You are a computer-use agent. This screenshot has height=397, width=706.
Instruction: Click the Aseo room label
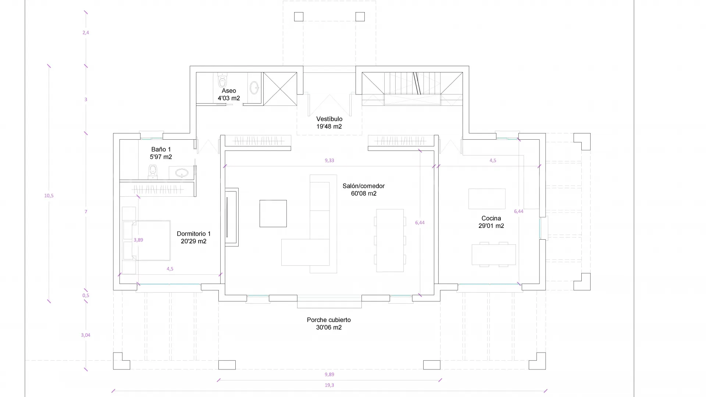pyautogui.click(x=229, y=94)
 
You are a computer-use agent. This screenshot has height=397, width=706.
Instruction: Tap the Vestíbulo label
pyautogui.click(x=329, y=123)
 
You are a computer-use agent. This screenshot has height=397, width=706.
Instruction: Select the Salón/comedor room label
pyautogui.click(x=364, y=190)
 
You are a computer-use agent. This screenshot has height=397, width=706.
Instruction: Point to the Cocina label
pyautogui.click(x=491, y=222)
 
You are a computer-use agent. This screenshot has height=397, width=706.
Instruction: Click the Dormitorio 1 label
pyautogui.click(x=194, y=237)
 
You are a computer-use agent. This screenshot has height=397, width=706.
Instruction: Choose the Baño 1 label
pyautogui.click(x=161, y=153)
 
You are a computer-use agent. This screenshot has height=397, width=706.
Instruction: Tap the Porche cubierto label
pyautogui.click(x=329, y=323)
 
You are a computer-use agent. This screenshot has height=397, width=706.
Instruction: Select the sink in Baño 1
pyautogui.click(x=182, y=173)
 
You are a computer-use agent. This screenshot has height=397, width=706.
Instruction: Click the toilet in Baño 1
pyautogui.click(x=153, y=171)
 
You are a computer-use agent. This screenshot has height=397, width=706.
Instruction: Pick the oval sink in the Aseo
pyautogui.click(x=254, y=88)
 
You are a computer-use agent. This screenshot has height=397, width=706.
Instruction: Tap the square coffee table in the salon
pyautogui.click(x=273, y=214)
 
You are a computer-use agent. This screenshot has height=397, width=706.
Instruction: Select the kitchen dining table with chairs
pyautogui.click(x=494, y=254)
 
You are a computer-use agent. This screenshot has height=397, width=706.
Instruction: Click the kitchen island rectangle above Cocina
pyautogui.click(x=487, y=199)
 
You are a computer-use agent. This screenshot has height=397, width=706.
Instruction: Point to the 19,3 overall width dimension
pyautogui.click(x=329, y=385)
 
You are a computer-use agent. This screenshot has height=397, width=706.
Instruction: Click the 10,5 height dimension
pyautogui.click(x=49, y=196)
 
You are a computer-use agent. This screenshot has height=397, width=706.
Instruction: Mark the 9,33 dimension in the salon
pyautogui.click(x=329, y=160)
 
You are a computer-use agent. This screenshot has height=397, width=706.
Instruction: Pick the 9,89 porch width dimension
pyautogui.click(x=329, y=374)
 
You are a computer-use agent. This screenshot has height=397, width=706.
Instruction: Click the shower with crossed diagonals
pyautogui.click(x=280, y=89)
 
